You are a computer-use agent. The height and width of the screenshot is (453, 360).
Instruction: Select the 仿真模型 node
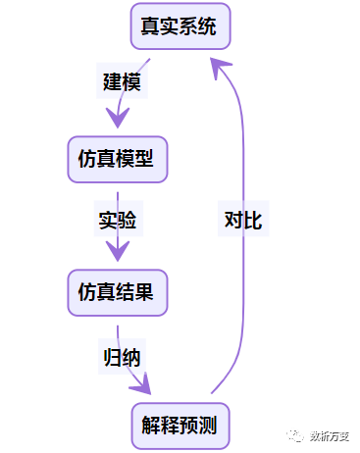coord(117,158)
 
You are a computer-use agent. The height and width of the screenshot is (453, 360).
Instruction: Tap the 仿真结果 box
coord(117,291)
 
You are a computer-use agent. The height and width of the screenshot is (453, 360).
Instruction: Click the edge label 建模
coord(122,82)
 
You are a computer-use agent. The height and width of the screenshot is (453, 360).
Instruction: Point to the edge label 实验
coord(118,220)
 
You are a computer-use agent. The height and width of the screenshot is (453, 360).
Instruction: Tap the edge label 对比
coord(241,220)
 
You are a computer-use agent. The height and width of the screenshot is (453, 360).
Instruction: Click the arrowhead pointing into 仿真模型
coord(118,117)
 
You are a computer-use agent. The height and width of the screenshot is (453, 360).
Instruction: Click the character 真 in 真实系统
coord(151,25)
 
